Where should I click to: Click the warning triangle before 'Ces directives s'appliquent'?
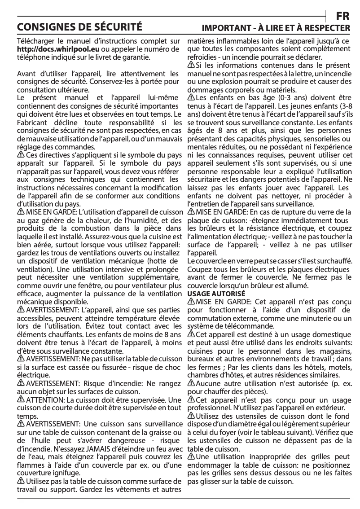coord(20,154)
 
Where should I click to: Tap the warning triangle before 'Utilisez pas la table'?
coord(20,481)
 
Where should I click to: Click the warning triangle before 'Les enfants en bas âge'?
coord(191,97)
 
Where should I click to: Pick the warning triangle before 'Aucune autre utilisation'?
coord(191,383)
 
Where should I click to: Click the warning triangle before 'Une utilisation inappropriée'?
coord(191,456)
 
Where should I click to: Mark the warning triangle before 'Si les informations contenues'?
coord(191,66)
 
